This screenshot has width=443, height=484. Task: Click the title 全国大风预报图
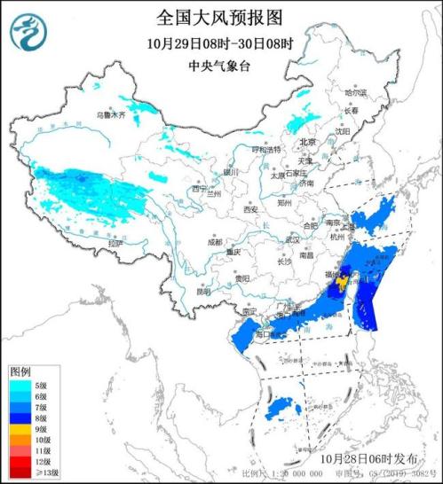tap(222, 17)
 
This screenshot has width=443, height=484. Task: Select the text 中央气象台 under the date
tap(220, 66)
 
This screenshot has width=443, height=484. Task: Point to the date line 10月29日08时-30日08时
tap(221, 43)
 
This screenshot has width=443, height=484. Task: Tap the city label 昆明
tap(203, 290)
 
